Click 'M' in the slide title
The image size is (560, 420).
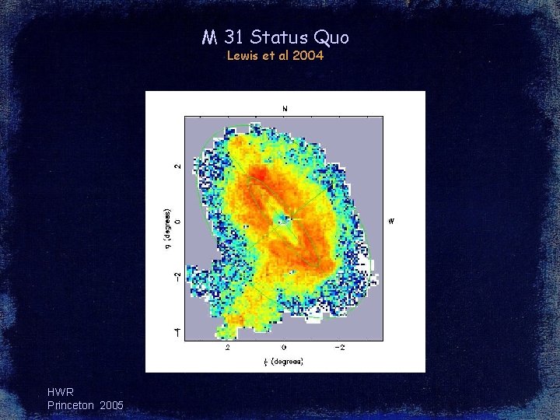208,37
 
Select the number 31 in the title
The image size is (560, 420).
231,37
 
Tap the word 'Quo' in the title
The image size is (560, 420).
331,37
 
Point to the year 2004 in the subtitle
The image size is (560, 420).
307,56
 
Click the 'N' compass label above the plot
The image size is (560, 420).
285,108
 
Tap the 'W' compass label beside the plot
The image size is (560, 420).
391,222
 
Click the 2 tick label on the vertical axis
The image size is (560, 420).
177,166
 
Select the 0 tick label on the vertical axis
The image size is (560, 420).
177,222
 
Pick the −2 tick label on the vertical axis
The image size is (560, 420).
177,278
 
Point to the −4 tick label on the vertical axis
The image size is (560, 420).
177,333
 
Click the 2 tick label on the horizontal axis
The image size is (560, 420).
227,348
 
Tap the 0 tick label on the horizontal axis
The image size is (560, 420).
283,348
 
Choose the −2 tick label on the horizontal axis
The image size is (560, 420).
340,348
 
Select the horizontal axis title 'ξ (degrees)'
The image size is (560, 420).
283,361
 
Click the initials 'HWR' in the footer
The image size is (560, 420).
61,392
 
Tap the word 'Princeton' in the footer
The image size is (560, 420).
71,405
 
